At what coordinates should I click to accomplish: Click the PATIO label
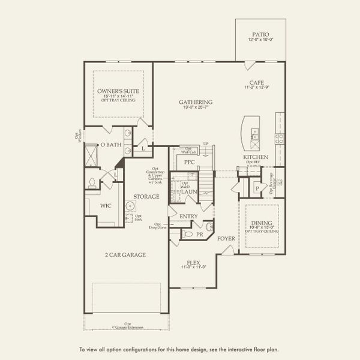[260, 34]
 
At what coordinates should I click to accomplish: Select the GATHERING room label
[196, 102]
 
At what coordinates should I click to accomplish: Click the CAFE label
[257, 83]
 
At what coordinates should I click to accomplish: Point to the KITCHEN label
[255, 157]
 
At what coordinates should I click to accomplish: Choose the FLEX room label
[193, 262]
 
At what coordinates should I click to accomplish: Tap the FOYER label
[226, 238]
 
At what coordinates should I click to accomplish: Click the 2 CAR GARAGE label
[125, 254]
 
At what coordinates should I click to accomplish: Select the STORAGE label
[146, 196]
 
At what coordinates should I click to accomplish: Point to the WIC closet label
[106, 206]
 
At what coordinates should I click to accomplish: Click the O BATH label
[111, 145]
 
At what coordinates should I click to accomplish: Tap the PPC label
[190, 162]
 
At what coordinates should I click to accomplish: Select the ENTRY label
[188, 216]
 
